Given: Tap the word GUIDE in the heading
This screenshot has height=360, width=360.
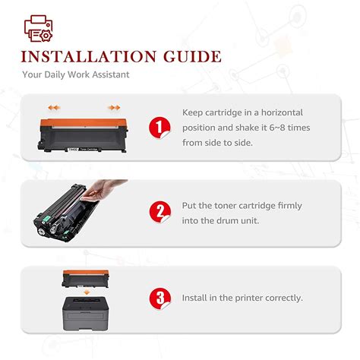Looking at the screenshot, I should coord(189,57).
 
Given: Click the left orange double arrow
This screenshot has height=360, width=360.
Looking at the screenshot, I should coord(53,109).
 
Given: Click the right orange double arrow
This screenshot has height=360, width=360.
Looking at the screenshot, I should coord(114,109).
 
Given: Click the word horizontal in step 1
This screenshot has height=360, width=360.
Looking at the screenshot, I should coord(279,112).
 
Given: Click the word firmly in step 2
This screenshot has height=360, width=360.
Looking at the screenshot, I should coord(286,205).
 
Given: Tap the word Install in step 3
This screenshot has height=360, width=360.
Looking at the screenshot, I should coord(195,298).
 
